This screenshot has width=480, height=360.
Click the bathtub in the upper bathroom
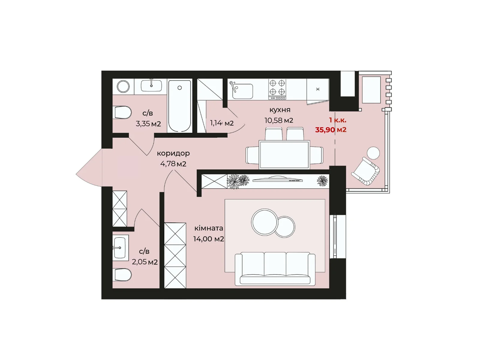(x=179, y=106)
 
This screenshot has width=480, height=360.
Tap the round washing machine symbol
(x=123, y=87)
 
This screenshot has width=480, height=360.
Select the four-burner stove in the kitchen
(x=277, y=89)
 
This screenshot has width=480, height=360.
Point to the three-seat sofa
(x=275, y=268)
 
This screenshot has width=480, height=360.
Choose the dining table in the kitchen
(x=284, y=154)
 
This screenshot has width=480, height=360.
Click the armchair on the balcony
(x=365, y=171)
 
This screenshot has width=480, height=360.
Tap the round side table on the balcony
(x=373, y=153)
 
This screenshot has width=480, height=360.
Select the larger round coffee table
(x=265, y=222)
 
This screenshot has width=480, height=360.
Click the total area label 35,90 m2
(x=330, y=130)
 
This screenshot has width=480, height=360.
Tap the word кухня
(x=280, y=110)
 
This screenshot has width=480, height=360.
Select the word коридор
(x=173, y=154)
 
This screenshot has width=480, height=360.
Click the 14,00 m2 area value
(x=208, y=239)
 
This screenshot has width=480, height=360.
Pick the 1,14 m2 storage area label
(x=222, y=123)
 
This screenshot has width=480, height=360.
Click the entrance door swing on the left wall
(x=89, y=168)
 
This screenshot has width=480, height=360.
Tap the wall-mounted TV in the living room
(x=277, y=179)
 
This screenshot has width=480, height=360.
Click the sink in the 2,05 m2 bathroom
(x=120, y=248)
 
